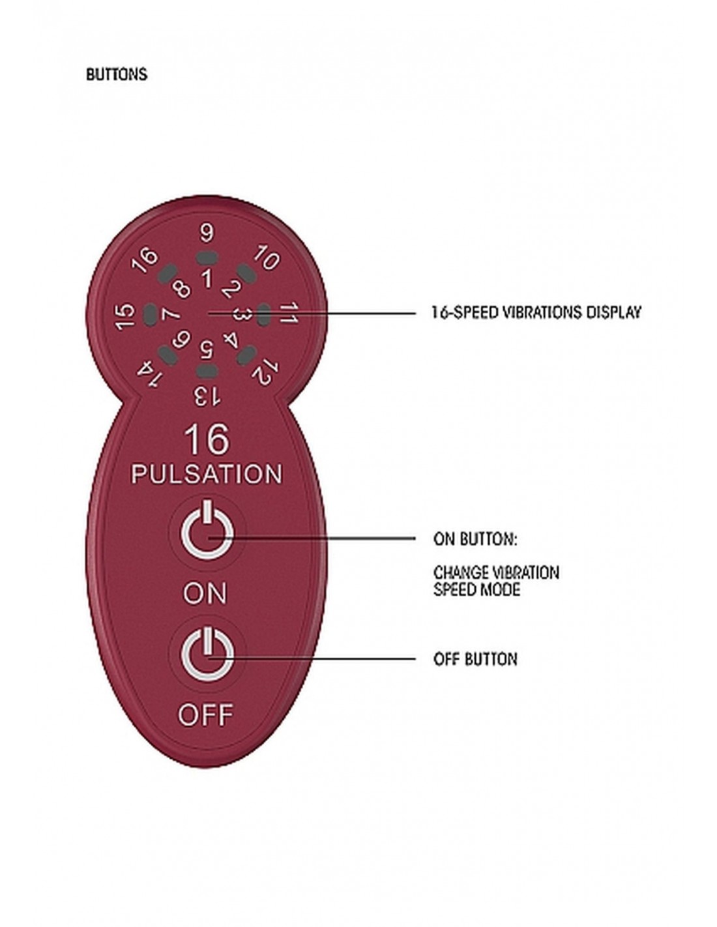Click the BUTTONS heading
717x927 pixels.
(117, 75)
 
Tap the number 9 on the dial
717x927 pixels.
(207, 233)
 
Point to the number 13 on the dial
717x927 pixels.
(207, 396)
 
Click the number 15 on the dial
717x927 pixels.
(124, 316)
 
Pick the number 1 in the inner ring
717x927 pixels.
(207, 278)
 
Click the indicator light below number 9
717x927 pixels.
(207, 257)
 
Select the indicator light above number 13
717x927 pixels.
(207, 371)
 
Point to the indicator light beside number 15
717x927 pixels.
(150, 315)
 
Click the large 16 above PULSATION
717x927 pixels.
(207, 440)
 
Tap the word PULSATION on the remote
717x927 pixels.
(207, 474)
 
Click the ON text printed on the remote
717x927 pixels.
(205, 593)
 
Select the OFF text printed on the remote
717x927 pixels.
(205, 715)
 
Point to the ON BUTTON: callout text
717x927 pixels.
(475, 539)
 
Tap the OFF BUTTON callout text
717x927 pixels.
(476, 659)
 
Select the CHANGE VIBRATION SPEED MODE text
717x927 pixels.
(497, 581)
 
